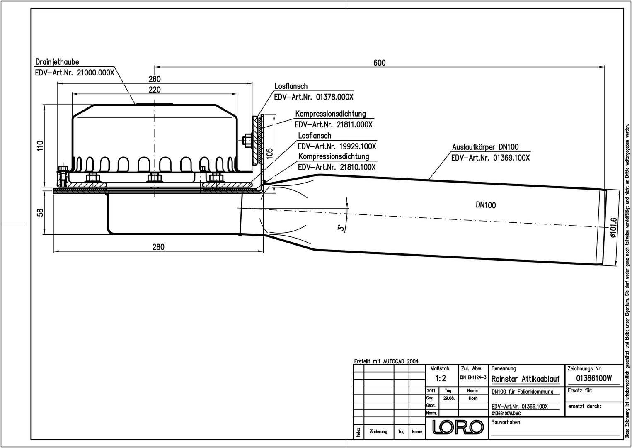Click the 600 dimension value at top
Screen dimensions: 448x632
[379, 63]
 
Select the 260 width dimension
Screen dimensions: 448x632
[154, 79]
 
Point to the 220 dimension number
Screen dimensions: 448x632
[154, 90]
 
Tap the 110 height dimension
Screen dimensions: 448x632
[40, 146]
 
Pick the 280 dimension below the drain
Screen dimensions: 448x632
[158, 247]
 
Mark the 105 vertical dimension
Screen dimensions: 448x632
[270, 154]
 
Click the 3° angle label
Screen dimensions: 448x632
[340, 227]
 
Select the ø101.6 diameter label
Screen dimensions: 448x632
[614, 228]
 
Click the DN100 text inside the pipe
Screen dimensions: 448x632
[485, 205]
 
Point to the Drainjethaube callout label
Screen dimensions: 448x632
[57, 62]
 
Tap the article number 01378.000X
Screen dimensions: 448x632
[334, 97]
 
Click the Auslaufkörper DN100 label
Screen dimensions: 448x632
[485, 147]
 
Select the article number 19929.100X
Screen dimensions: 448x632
[357, 146]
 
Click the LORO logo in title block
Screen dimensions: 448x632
[458, 427]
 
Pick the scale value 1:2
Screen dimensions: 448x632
[441, 378]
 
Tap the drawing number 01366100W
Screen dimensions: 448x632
[594, 378]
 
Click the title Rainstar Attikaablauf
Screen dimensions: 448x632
[525, 379]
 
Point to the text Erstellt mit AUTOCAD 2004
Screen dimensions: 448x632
[386, 361]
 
